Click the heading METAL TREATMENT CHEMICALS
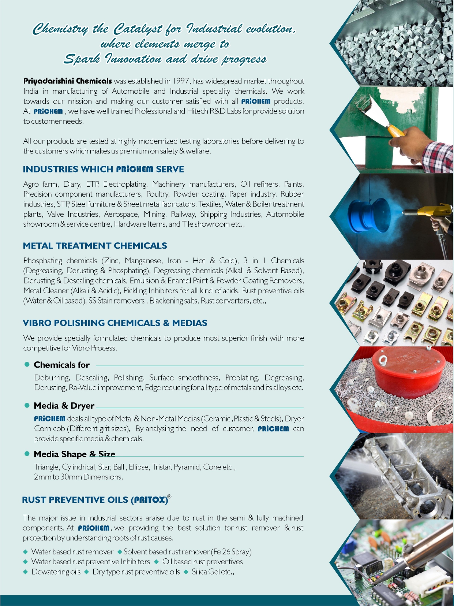point(95,246)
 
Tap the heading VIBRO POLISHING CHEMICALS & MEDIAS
point(115,323)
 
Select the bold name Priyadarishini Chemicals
point(67,81)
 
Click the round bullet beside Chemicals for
point(27,364)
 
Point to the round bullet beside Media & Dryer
point(27,405)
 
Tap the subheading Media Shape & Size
point(74,454)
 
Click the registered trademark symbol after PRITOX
point(169,497)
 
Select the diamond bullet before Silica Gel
point(186,572)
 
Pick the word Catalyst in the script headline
point(137,29)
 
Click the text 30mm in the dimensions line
point(72,477)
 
